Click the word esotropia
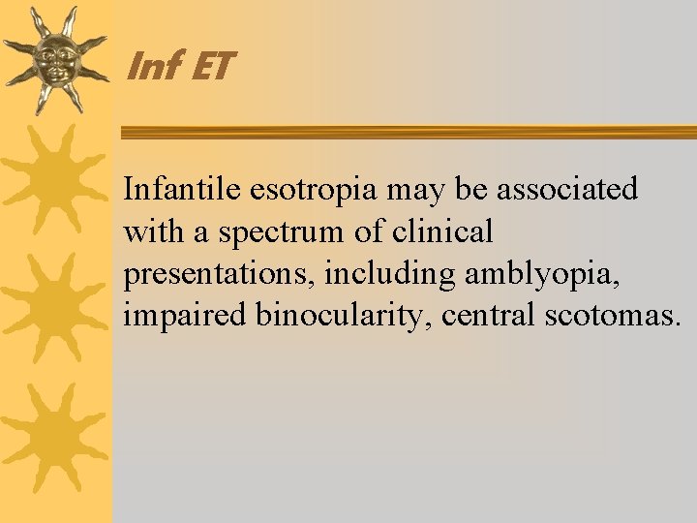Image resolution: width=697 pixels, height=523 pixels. [x=315, y=191]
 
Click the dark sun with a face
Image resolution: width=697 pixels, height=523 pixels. [x=55, y=60]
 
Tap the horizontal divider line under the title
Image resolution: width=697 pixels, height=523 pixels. [x=407, y=132]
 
